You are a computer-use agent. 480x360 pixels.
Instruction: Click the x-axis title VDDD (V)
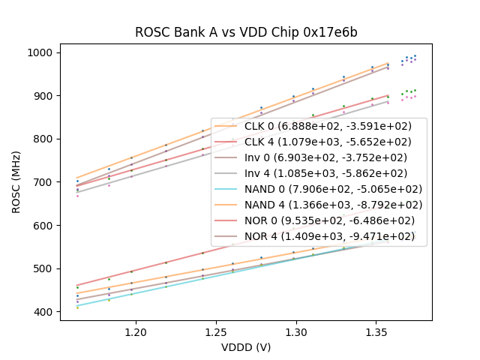point(246,347)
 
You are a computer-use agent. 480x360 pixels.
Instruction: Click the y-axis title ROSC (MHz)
point(16,182)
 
